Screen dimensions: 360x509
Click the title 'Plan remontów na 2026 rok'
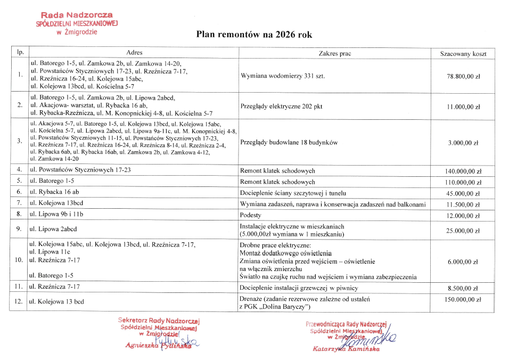[x=253, y=35]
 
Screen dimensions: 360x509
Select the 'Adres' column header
[x=134, y=53]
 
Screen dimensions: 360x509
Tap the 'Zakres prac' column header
[x=334, y=54]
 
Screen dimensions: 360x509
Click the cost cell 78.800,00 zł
[x=463, y=76]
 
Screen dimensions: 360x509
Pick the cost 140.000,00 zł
[x=463, y=171]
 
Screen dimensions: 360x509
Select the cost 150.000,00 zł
[x=463, y=300]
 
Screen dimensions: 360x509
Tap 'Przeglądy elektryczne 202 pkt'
[x=282, y=107]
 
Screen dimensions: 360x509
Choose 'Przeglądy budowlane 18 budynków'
[x=289, y=143]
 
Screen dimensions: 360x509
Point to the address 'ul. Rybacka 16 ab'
[x=55, y=192]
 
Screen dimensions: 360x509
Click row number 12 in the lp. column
[x=19, y=302]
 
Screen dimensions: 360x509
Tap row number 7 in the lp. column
[x=19, y=203]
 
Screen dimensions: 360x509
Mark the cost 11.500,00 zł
[x=463, y=204]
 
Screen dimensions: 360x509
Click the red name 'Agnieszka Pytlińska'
[x=150, y=346]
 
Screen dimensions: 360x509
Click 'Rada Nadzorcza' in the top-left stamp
[x=76, y=16]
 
